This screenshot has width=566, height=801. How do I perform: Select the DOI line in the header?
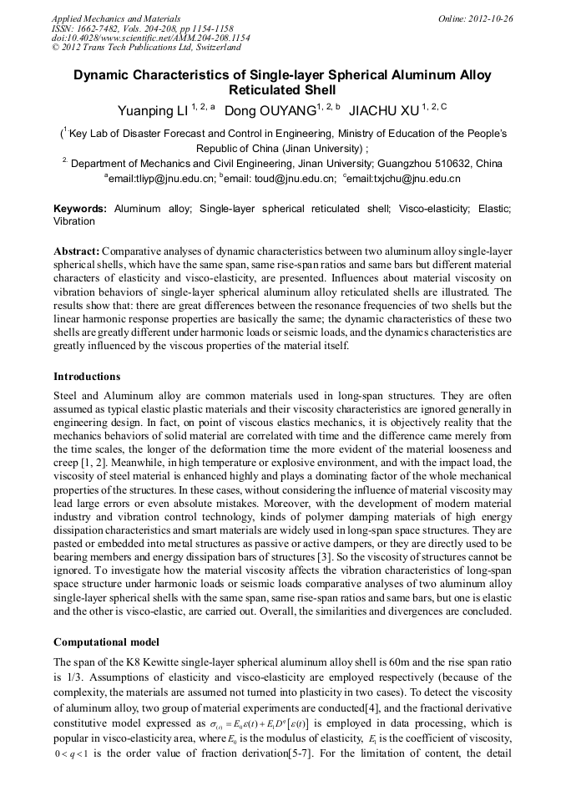150,38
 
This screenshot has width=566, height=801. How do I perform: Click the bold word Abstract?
77,251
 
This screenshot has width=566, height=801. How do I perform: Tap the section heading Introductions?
87,377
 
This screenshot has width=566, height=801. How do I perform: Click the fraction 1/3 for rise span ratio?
75,677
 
